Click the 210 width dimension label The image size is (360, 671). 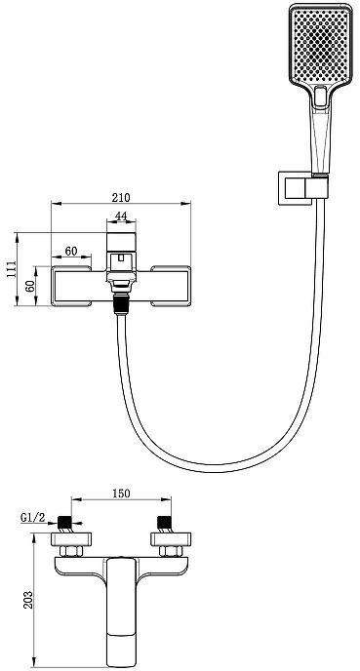121,197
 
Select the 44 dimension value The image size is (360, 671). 121,217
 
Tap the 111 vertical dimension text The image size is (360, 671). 11,269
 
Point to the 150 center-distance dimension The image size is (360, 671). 121,493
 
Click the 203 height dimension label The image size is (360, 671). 27,600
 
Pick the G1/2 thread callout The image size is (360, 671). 33,517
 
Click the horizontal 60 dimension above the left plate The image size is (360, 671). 71,251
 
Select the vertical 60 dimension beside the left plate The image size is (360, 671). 29,286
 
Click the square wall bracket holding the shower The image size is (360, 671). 295,188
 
